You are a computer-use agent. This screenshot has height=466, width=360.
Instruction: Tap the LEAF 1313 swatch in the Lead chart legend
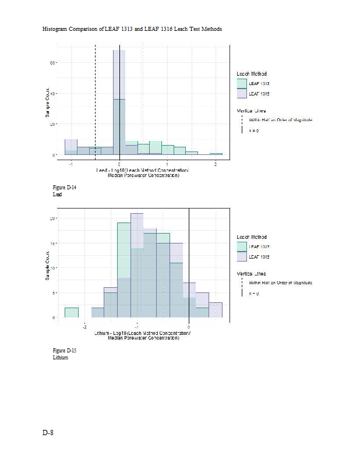242,84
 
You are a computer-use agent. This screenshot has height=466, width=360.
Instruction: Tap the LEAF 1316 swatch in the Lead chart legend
242,93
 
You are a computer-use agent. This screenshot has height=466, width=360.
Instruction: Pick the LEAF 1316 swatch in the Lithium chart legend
242,256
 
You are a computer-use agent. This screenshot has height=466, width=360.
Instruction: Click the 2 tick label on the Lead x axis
216,164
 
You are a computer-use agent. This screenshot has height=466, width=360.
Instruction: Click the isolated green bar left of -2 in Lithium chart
71,312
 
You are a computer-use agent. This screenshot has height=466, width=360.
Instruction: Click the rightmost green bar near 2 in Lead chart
216,154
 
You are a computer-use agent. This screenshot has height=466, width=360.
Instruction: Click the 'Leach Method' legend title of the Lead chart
252,74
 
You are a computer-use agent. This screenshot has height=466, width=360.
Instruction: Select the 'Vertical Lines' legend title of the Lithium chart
252,273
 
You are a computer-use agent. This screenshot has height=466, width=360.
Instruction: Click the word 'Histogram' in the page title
56,29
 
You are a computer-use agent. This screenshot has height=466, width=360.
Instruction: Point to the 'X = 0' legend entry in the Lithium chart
253,293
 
